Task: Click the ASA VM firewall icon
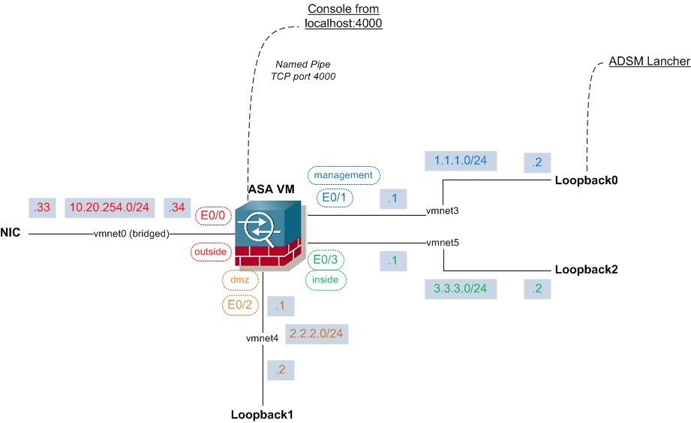click(x=269, y=235)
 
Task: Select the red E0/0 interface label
click(x=213, y=216)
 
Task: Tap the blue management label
click(x=344, y=175)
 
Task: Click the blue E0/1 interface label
click(x=335, y=198)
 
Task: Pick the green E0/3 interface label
click(x=325, y=259)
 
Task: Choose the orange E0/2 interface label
click(x=240, y=305)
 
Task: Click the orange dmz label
click(x=240, y=279)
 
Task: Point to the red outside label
click(x=211, y=252)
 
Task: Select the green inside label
click(x=325, y=280)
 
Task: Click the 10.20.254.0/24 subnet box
click(x=110, y=207)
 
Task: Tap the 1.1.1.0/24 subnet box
click(x=461, y=161)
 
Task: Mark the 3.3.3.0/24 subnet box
click(x=461, y=289)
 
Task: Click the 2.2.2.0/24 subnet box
click(x=317, y=334)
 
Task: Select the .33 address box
click(x=42, y=207)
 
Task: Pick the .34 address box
click(x=177, y=207)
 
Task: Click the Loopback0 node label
click(x=586, y=180)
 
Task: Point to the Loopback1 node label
click(x=262, y=415)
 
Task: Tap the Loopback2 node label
click(x=586, y=270)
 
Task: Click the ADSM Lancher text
click(x=649, y=62)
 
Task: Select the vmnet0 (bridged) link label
click(x=131, y=234)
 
